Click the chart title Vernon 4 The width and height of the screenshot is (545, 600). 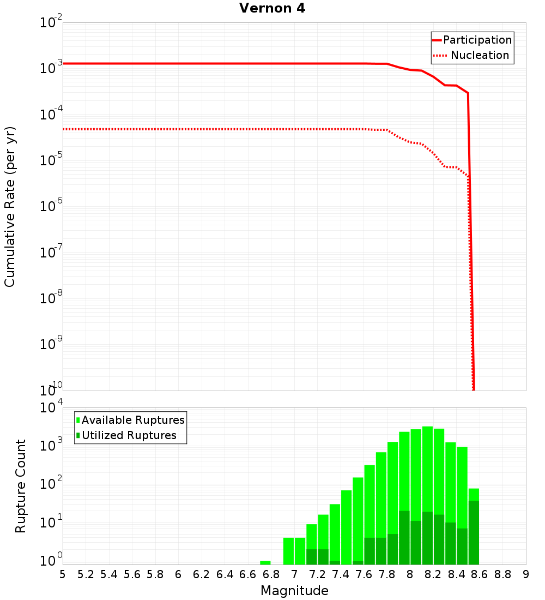272,8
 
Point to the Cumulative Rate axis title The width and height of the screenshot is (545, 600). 10,207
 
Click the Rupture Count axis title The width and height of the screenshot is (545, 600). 21,486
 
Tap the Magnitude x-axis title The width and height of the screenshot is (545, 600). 294,591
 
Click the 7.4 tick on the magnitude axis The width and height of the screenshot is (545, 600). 341,574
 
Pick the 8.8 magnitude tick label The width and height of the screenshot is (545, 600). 502,574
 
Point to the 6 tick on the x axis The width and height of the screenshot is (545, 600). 178,574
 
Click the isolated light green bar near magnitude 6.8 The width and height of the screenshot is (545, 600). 265,562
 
